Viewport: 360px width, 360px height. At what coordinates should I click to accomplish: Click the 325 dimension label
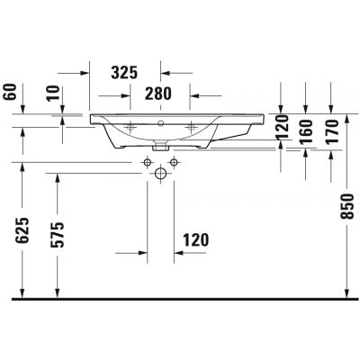click(124, 73)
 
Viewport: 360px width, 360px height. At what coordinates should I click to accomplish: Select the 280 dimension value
click(158, 94)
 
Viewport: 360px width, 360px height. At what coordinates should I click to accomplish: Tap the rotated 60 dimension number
click(10, 92)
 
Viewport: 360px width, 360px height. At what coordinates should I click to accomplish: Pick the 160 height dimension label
click(306, 132)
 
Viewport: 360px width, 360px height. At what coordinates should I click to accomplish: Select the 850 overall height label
click(347, 207)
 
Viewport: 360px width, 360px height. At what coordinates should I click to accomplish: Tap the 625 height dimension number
click(22, 230)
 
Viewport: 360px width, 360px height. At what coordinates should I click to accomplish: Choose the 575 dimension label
click(57, 235)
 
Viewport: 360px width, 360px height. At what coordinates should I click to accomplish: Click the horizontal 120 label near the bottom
click(195, 240)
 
